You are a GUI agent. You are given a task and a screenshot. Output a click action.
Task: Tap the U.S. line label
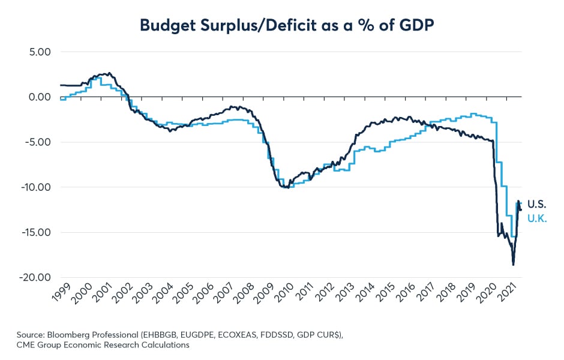536,204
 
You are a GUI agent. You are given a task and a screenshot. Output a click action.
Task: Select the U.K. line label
536,218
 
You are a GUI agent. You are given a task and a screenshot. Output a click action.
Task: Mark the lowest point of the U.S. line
513,265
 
